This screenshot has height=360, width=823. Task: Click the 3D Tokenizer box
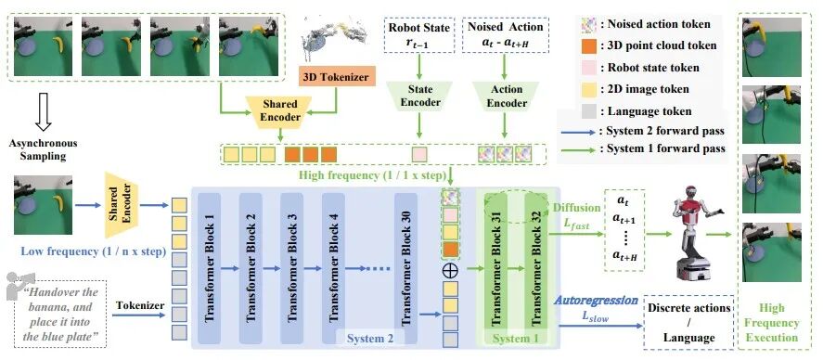point(336,77)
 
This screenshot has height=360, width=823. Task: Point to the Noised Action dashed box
point(506,35)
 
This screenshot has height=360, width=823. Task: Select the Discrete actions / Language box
point(688,323)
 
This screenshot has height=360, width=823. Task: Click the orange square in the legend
point(588,45)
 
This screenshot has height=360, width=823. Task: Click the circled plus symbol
point(451,270)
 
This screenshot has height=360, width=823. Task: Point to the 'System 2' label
point(370,339)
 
